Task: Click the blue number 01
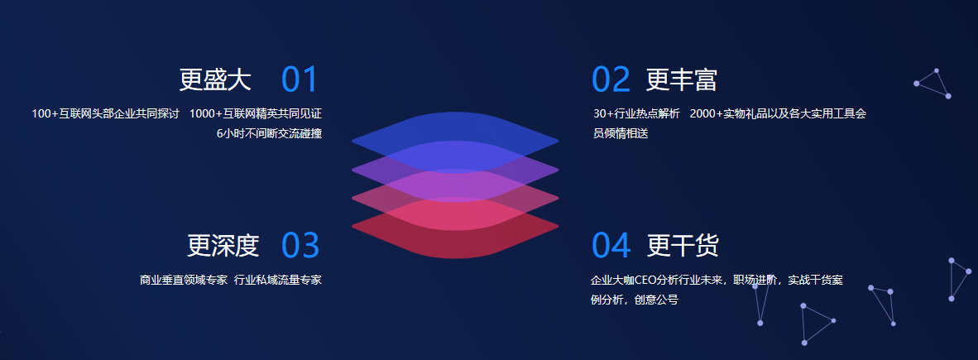(x=300, y=79)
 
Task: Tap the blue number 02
(x=611, y=79)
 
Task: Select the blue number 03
(x=300, y=245)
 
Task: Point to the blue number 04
(x=611, y=245)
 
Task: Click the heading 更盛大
(x=215, y=79)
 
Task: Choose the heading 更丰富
(x=682, y=79)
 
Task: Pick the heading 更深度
(x=223, y=245)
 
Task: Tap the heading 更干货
(x=683, y=245)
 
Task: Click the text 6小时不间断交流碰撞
(x=269, y=133)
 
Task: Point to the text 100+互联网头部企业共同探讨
(x=105, y=114)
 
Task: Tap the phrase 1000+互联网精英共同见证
(x=256, y=114)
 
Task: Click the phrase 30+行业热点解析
(x=636, y=114)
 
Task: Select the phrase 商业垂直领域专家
(x=184, y=281)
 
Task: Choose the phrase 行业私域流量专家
(x=278, y=281)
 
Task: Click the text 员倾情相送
(x=621, y=133)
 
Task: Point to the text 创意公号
(x=656, y=300)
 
